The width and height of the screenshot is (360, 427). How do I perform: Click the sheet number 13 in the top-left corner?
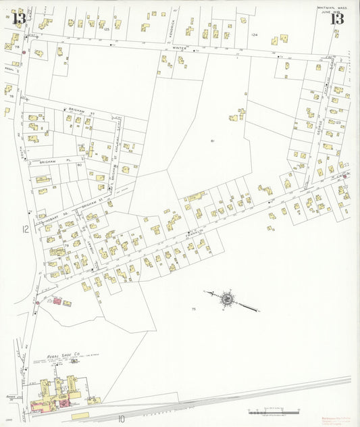pyautogui.click(x=19, y=18)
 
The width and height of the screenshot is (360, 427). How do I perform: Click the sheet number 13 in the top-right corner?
pyautogui.click(x=336, y=18)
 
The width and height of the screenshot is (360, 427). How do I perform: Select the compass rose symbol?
pyautogui.click(x=227, y=298)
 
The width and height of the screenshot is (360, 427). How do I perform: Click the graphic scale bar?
pyautogui.click(x=274, y=411)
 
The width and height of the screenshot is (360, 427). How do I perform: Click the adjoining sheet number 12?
pyautogui.click(x=25, y=229)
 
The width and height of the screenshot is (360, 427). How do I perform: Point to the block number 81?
pyautogui.click(x=212, y=141)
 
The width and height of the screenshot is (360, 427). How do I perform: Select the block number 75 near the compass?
pyautogui.click(x=193, y=309)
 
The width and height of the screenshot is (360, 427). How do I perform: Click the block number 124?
pyautogui.click(x=254, y=34)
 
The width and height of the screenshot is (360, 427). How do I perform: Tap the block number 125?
pyautogui.click(x=105, y=29)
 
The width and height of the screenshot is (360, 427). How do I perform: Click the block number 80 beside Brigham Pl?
pyautogui.click(x=79, y=164)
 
